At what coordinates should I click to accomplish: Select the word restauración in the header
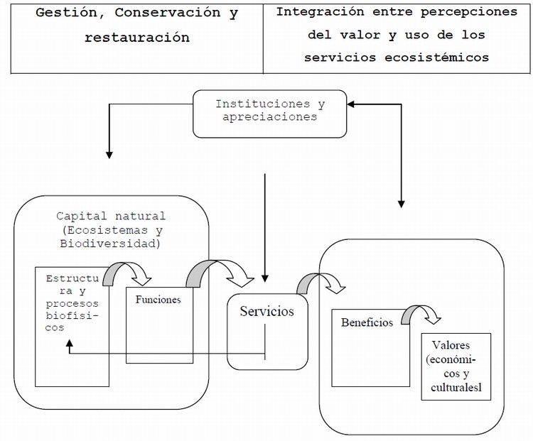(137, 38)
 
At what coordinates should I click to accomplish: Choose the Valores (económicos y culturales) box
(456, 366)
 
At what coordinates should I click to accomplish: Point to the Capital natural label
(111, 216)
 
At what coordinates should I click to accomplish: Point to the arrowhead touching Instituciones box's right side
(352, 104)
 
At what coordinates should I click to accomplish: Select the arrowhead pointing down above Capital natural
(109, 152)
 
